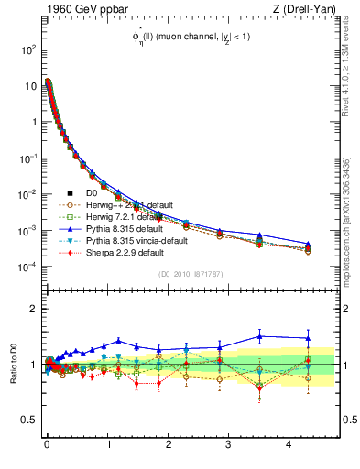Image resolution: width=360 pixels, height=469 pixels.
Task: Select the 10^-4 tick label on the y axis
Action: (26, 267)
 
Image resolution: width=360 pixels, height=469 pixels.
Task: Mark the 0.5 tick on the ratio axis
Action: (29, 420)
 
